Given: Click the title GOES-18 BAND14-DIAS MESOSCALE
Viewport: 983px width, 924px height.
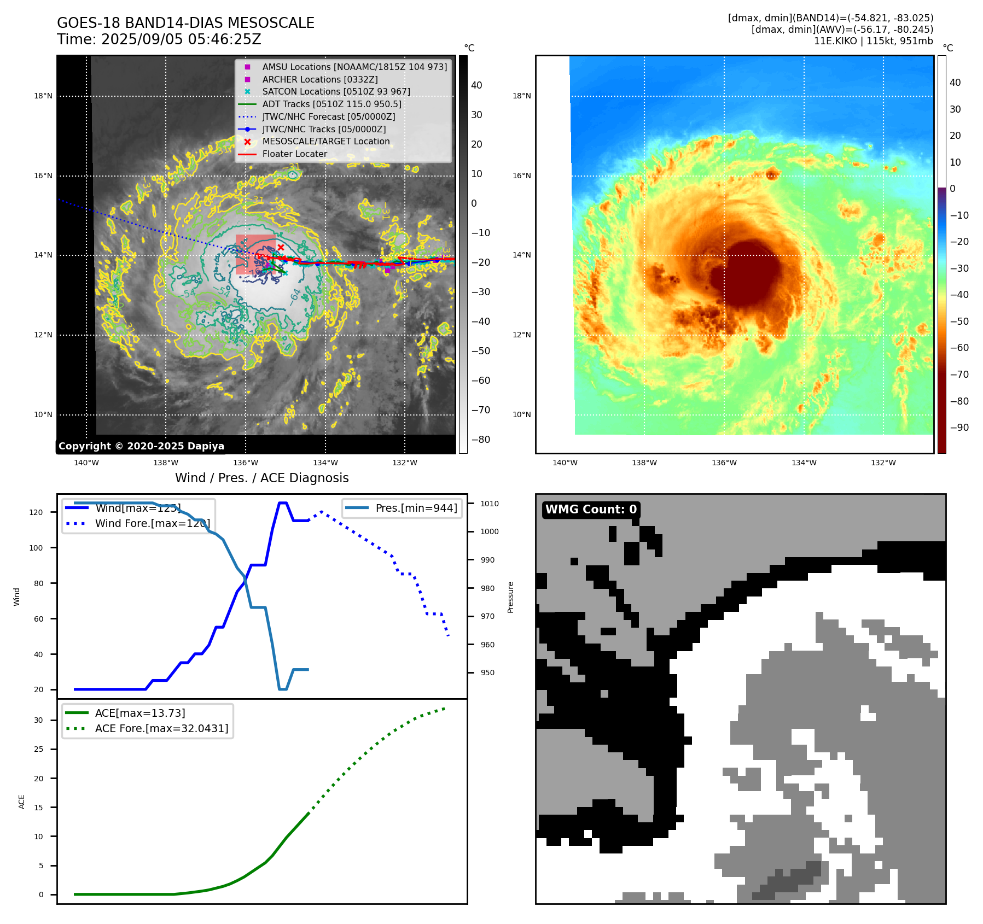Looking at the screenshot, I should pos(185,23).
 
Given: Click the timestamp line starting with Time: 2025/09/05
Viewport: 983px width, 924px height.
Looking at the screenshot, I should pos(159,39).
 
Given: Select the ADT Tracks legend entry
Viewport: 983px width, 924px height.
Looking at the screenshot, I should pos(331,104).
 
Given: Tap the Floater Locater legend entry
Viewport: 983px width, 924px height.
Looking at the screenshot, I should pos(294,154).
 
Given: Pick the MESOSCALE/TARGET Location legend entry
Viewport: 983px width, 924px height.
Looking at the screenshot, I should pos(325,141).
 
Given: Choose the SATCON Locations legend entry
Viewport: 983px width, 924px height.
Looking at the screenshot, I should pos(336,91).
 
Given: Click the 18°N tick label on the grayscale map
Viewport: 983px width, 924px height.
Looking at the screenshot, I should pos(43,96).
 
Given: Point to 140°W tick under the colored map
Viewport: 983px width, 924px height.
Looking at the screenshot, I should pos(565,463).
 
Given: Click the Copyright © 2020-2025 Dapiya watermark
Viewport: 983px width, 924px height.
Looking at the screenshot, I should pos(141,446).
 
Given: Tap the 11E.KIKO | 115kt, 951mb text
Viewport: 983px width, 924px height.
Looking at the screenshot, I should pos(873,41).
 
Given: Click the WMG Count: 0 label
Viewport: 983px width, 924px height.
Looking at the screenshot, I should pos(591,510).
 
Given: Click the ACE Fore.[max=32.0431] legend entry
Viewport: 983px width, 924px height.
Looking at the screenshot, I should pos(161,728).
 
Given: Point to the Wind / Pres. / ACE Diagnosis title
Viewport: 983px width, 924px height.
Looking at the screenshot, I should pos(261,478).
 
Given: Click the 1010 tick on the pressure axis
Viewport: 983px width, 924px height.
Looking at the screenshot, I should pos(490,504).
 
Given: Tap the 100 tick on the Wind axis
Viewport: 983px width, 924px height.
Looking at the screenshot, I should pos(36,548).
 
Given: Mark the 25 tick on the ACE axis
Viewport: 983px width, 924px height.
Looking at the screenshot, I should pos(38,749).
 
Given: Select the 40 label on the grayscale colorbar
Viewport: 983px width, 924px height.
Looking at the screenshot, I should pos(476,85).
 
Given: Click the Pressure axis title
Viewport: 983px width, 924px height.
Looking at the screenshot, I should pos(510,597).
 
